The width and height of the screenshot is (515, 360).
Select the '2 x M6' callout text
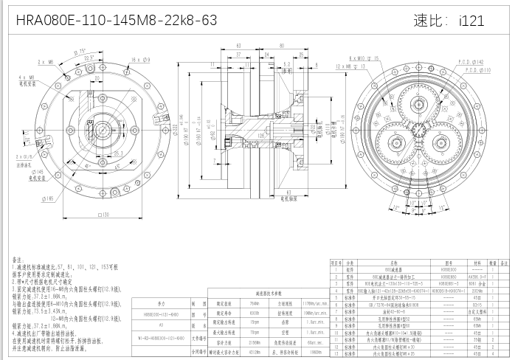click(x=45, y=63)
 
